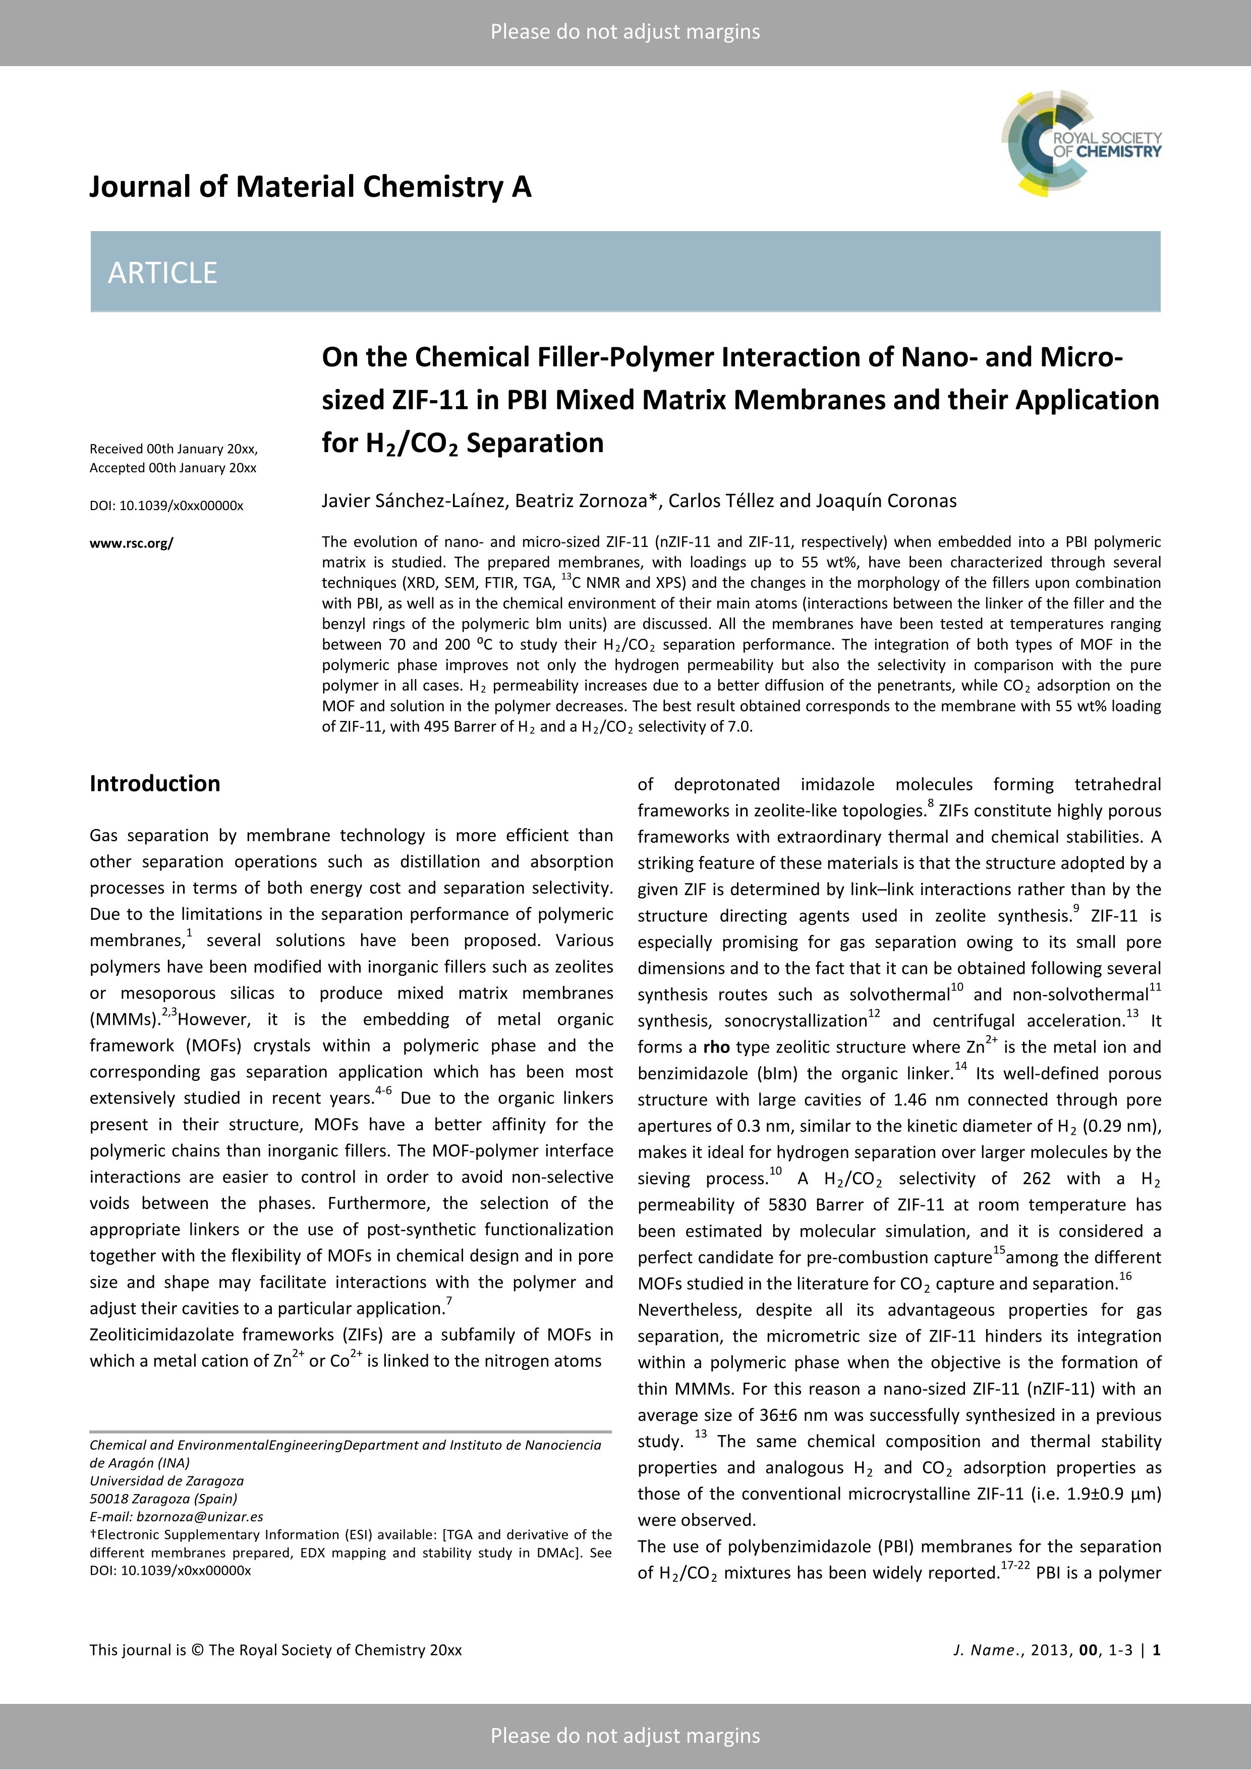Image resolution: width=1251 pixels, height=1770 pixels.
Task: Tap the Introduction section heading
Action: (155, 783)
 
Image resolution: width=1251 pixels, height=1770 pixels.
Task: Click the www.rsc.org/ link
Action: (131, 543)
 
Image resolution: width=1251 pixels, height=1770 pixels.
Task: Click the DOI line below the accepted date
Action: (166, 506)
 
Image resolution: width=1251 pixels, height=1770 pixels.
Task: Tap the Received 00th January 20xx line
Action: (174, 449)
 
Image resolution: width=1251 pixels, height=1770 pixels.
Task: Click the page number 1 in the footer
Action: (1156, 1650)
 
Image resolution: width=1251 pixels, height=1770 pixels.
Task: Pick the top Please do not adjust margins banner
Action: (625, 32)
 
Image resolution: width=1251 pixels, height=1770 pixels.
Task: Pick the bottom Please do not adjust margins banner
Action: (625, 1735)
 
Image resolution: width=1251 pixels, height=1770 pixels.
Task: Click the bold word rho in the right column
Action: (716, 1047)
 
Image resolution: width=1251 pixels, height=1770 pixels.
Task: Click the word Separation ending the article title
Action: (535, 444)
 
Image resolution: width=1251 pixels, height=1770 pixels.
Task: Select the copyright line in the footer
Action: (275, 1650)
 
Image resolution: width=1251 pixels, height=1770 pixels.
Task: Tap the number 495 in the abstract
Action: (436, 726)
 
